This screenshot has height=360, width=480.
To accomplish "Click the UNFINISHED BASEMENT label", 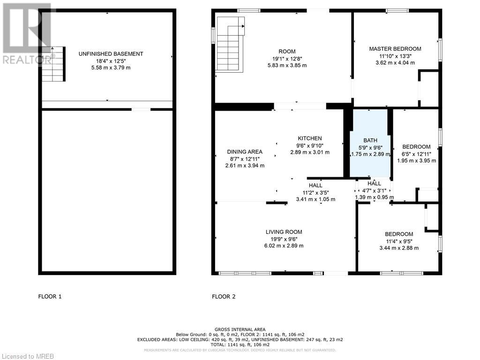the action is point(111,54).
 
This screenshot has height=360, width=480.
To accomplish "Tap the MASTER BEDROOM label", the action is point(395,49).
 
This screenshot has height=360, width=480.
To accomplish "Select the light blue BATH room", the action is point(370,143).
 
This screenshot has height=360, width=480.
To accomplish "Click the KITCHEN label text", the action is point(310,138).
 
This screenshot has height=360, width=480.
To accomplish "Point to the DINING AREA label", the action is point(245,152).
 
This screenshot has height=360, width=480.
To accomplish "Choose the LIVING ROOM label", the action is point(284,232).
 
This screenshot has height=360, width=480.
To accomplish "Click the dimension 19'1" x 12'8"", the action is point(287,59).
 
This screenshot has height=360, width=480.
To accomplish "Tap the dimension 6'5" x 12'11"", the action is point(416,154).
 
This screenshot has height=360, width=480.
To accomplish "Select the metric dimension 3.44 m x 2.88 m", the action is point(399,248).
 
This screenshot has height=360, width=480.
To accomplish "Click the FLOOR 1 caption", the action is point(50,296).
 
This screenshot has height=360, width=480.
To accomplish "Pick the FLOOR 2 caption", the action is point(224,296).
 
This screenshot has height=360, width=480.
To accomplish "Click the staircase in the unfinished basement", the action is point(53,64).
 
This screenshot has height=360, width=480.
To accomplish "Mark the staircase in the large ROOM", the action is point(231,45).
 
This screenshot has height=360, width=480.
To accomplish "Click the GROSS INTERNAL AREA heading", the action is point(240,330).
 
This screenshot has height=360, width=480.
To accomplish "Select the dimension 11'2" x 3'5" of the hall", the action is point(315,192).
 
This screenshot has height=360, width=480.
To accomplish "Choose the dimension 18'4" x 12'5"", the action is point(111,60).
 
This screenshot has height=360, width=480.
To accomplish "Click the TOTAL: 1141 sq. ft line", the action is point(240,345).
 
